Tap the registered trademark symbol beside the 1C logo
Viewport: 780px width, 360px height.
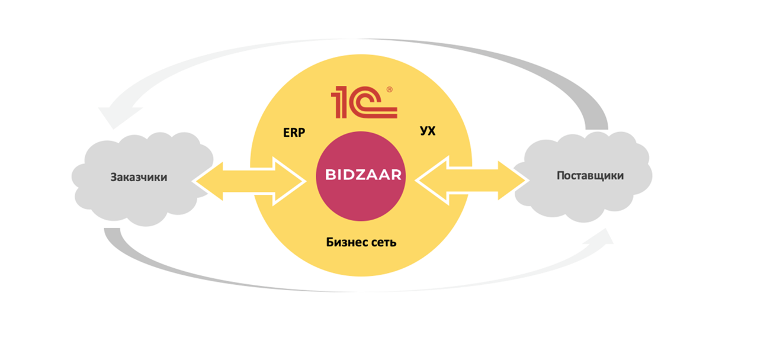[x=389, y=89]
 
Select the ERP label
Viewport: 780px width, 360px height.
[x=293, y=133]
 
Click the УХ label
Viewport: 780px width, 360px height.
[x=428, y=131]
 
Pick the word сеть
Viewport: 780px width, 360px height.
[x=381, y=242]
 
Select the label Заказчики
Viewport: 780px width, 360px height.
[x=139, y=177]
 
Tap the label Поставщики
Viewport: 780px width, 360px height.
[x=590, y=175]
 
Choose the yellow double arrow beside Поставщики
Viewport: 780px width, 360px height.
[x=472, y=179]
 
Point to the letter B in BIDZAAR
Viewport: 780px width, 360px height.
[x=330, y=175]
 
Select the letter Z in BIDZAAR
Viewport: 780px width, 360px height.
[x=361, y=175]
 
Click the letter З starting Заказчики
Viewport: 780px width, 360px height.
[x=113, y=177]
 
